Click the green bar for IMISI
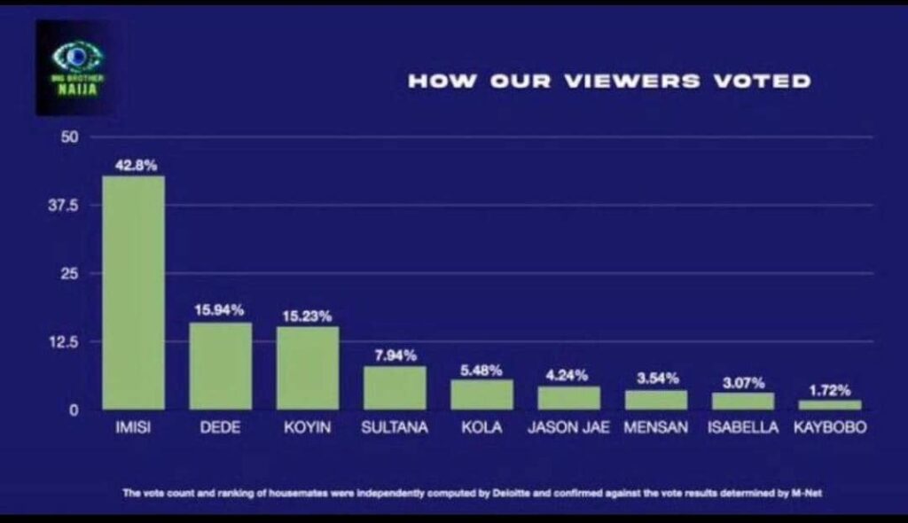click(x=133, y=293)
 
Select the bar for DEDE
click(x=220, y=365)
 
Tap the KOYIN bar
click(x=307, y=368)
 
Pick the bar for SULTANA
click(x=395, y=387)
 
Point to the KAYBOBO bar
click(x=829, y=404)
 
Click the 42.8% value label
click(x=134, y=165)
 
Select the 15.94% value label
click(x=220, y=310)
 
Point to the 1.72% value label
click(x=829, y=390)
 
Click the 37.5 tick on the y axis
click(x=69, y=206)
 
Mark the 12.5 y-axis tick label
click(x=69, y=341)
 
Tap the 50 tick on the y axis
click(x=71, y=137)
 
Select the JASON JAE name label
click(x=568, y=428)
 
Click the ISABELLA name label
click(x=743, y=428)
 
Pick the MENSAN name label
click(x=656, y=428)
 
